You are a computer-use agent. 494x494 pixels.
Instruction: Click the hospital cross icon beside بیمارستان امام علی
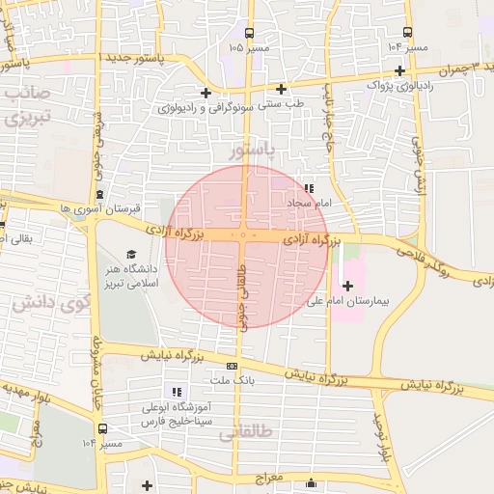pyautogui.click(x=348, y=285)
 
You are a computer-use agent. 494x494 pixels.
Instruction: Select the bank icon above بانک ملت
pyautogui.click(x=232, y=366)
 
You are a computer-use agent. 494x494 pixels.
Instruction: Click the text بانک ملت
pyautogui.click(x=233, y=381)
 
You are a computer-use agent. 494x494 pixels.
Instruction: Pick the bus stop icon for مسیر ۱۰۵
pyautogui.click(x=250, y=32)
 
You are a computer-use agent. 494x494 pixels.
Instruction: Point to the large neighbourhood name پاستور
pyautogui.click(x=253, y=151)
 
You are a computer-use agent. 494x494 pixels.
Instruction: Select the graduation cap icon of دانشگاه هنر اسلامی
pyautogui.click(x=104, y=253)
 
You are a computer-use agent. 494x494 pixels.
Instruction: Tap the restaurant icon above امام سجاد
pyautogui.click(x=309, y=188)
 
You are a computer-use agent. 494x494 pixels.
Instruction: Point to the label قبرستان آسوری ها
pyautogui.click(x=100, y=207)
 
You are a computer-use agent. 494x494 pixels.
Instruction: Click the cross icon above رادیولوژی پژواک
pyautogui.click(x=399, y=70)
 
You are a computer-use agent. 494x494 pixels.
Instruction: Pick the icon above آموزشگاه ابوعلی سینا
pyautogui.click(x=176, y=392)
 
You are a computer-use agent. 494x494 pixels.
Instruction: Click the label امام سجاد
pyautogui.click(x=309, y=204)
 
